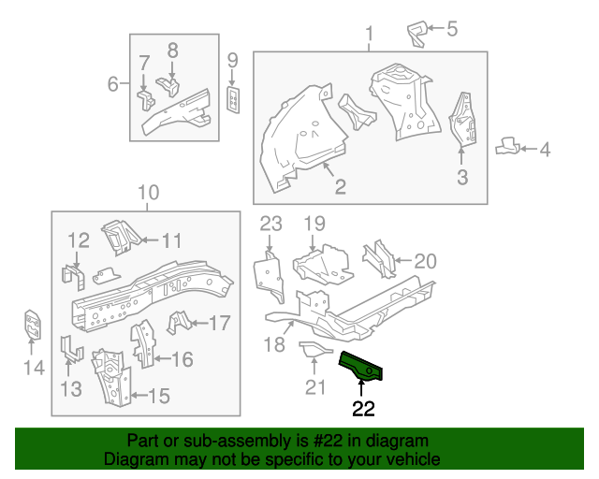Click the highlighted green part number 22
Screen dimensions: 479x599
tap(364, 367)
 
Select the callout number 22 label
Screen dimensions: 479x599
tap(363, 408)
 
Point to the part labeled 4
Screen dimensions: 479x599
tap(505, 147)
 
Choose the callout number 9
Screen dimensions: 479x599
tap(233, 61)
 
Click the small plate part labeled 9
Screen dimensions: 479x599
tap(234, 96)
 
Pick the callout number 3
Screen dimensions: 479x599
tap(461, 177)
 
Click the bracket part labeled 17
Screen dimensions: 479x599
tap(177, 324)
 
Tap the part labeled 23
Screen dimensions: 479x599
tap(270, 271)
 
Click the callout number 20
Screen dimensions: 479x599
tap(425, 261)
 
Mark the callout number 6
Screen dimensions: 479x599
tap(113, 84)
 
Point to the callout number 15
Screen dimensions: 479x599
tap(158, 396)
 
